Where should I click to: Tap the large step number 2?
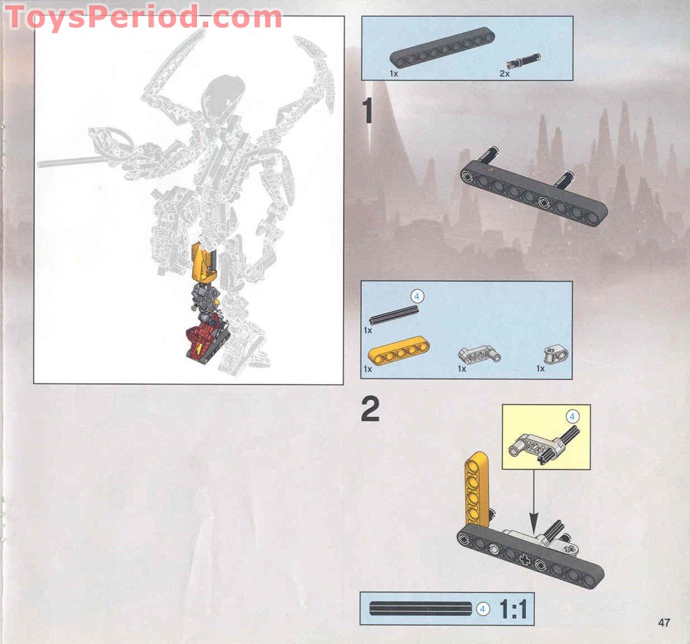point(370,411)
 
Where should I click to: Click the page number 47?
point(663,622)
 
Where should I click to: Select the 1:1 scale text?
point(513,609)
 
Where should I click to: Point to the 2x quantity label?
point(504,73)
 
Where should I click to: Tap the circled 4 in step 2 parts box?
point(417,296)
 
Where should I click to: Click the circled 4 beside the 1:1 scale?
point(483,609)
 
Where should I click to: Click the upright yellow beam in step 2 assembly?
point(478,488)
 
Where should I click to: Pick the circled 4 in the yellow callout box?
point(572,417)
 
